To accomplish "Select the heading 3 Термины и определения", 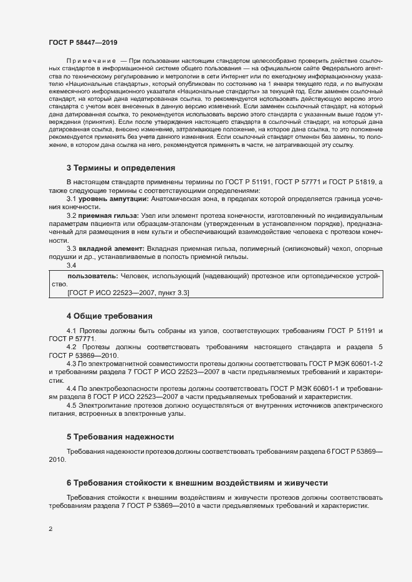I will [120, 168].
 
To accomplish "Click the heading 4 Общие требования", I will [109, 316].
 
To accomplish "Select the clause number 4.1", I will [72, 330].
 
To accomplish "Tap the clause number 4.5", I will [72, 405].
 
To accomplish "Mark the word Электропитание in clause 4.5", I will [105, 405].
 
